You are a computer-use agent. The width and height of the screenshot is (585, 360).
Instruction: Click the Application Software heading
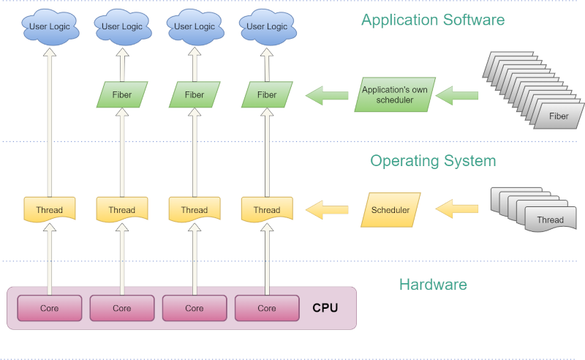coord(433,20)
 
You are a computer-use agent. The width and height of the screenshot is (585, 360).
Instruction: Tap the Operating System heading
coord(433,160)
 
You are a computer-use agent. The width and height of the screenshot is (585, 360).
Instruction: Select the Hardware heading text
coord(433,285)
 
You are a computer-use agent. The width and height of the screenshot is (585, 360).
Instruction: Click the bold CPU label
coord(325,308)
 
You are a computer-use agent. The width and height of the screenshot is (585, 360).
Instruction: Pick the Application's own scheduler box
coord(395,94)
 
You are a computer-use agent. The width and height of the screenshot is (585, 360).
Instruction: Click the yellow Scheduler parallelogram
coord(390,210)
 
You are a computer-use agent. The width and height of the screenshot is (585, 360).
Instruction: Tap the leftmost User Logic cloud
coord(50,27)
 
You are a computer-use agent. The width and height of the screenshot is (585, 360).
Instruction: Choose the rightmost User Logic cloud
coord(267,27)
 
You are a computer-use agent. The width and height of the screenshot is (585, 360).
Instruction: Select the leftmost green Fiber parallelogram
coord(122,94)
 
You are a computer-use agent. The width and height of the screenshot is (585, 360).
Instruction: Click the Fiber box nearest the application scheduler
coord(267,94)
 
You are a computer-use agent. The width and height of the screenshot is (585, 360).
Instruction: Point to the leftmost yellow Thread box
coord(50,210)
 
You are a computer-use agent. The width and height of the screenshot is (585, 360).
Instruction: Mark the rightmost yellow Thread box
coord(267,210)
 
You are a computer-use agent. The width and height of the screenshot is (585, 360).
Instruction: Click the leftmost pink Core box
coord(50,308)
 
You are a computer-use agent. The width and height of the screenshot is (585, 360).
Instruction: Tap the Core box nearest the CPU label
coord(267,308)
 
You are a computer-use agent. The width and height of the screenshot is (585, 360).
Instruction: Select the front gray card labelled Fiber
coord(559,116)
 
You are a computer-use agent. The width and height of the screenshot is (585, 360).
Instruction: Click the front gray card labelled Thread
coord(550,220)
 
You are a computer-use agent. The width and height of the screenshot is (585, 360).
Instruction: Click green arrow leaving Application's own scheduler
coord(326,94)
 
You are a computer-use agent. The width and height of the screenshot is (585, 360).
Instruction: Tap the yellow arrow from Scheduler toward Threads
coord(326,210)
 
